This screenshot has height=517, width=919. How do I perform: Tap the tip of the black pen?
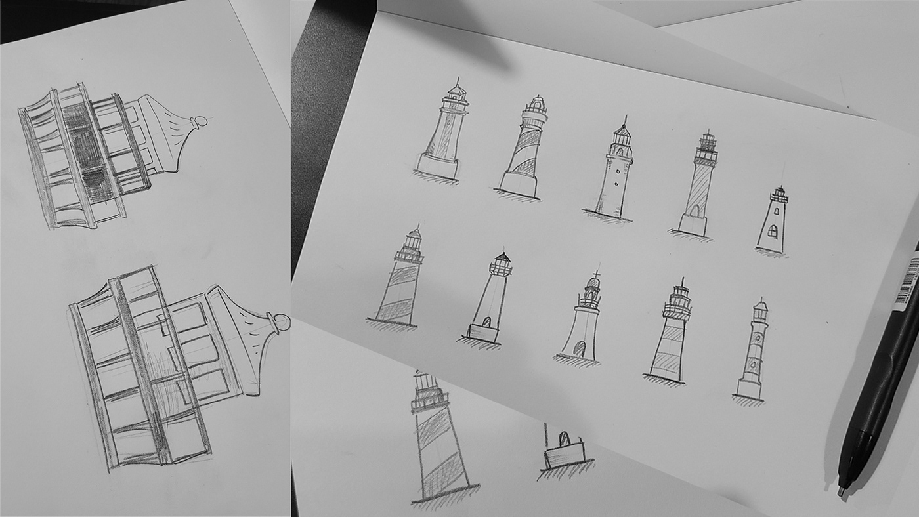[x=841, y=490]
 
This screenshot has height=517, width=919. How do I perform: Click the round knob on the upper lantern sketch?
[x=202, y=121]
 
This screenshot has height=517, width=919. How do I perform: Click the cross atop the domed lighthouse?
[x=597, y=274]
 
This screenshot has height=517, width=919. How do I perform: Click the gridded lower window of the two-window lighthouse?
[x=773, y=231]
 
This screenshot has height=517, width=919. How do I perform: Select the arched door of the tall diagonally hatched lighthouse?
[x=693, y=211]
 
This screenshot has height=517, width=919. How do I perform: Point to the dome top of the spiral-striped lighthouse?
[x=538, y=104]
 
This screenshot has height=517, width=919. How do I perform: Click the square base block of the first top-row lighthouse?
[x=438, y=165]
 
